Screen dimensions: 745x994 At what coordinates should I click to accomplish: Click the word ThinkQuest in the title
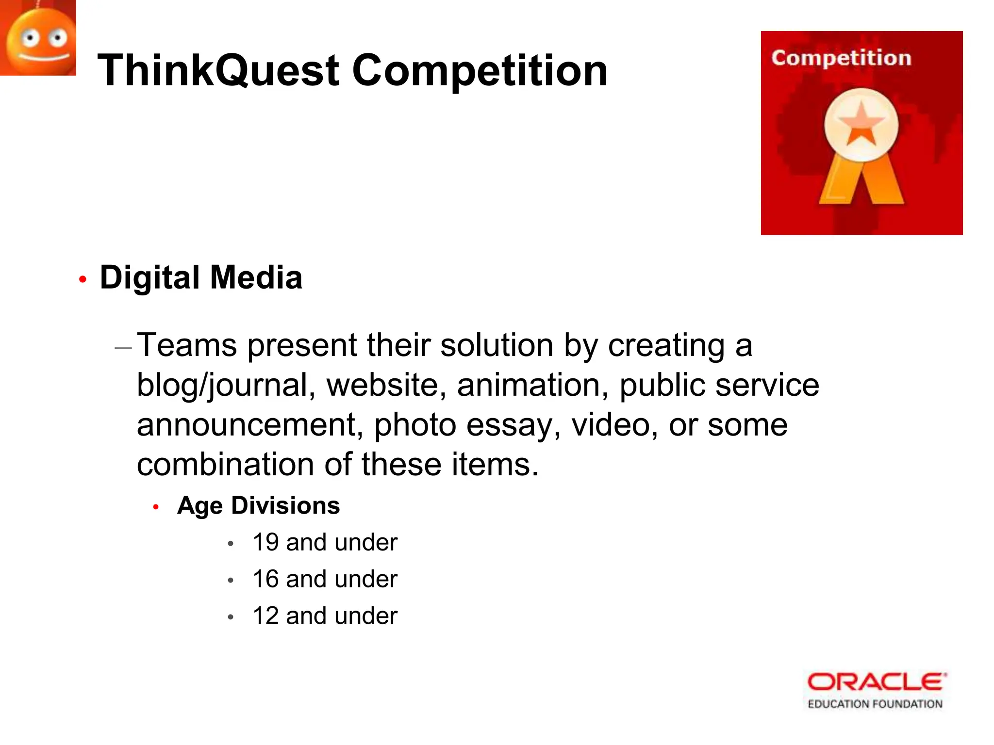tap(218, 71)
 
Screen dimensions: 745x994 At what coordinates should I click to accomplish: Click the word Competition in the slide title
tap(480, 71)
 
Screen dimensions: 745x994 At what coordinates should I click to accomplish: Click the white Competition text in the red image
tap(841, 58)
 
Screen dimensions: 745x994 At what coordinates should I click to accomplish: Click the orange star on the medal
tap(861, 125)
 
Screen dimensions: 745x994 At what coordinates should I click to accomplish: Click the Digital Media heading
tap(201, 278)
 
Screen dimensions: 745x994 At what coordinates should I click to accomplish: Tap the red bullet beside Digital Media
tap(83, 279)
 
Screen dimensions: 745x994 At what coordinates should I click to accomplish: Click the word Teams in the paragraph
tap(187, 345)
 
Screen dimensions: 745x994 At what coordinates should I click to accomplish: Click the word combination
tap(225, 465)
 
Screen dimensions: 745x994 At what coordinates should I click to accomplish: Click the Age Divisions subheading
tap(258, 505)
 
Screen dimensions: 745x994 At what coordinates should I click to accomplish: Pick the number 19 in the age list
tap(265, 542)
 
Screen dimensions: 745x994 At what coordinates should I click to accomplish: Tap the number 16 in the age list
tap(265, 579)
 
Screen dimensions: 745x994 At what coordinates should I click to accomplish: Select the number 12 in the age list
tap(265, 616)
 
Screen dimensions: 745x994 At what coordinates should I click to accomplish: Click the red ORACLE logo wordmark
tap(876, 682)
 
